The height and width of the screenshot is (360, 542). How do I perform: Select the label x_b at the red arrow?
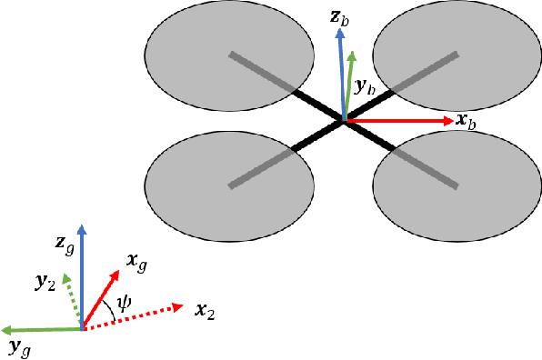pyautogui.click(x=466, y=121)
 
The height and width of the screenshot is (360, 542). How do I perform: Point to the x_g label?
pyautogui.click(x=137, y=263)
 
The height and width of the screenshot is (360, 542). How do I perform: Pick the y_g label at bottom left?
pyautogui.click(x=19, y=345)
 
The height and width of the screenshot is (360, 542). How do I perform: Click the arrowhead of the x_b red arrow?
pyautogui.click(x=450, y=120)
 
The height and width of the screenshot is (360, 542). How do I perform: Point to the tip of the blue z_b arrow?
pyautogui.click(x=341, y=29)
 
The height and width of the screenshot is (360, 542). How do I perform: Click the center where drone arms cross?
pyautogui.click(x=342, y=119)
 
